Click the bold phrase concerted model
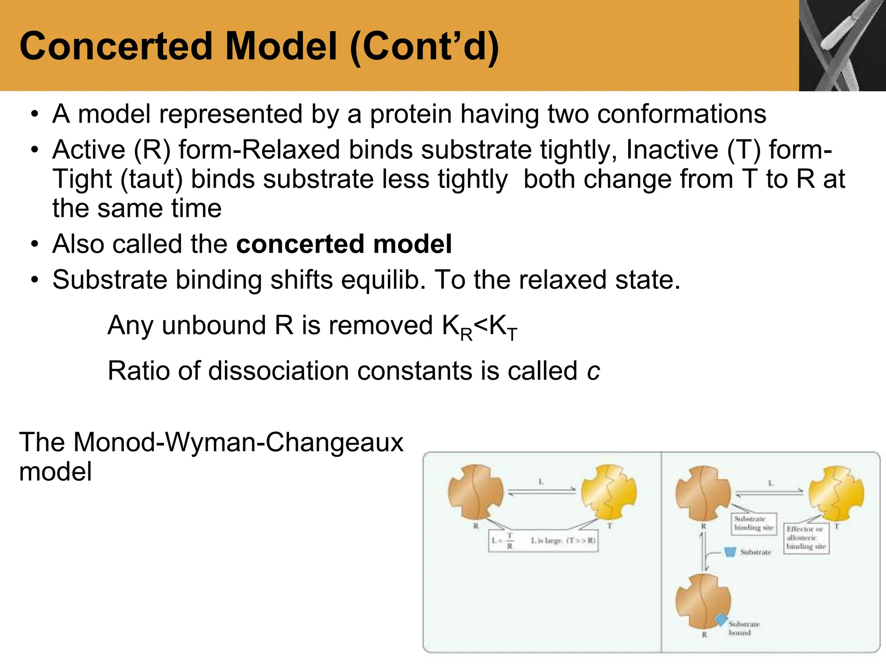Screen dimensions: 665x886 tap(344, 244)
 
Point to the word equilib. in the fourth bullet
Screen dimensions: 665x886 tap(383, 280)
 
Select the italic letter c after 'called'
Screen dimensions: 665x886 tap(593, 371)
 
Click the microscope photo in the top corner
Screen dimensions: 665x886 tap(842, 45)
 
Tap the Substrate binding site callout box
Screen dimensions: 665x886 tap(754, 523)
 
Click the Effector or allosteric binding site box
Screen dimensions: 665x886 tap(806, 538)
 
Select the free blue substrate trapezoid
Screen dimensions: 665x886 tap(730, 552)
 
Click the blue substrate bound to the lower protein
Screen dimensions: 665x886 tap(721, 620)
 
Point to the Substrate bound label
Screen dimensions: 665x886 tap(743, 628)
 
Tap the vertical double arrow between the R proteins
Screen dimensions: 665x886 tap(704, 552)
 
